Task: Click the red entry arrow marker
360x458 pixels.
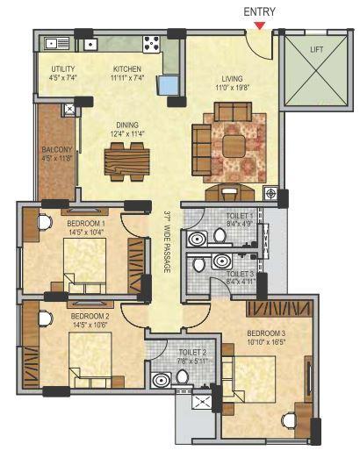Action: [259, 25]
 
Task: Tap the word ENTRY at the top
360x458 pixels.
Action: [260, 10]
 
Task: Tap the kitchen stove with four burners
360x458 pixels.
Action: [150, 44]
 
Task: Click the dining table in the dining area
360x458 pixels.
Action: [126, 161]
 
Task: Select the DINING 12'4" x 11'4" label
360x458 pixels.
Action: [126, 129]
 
